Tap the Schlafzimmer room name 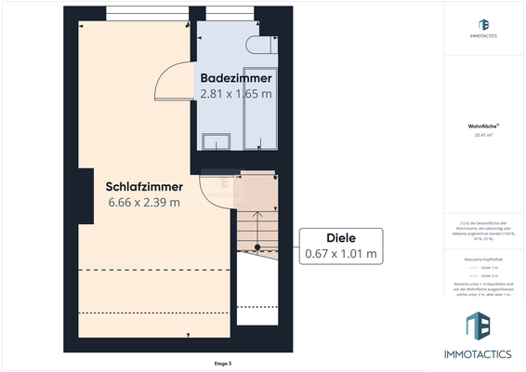click(x=143, y=185)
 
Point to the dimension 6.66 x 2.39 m click(x=143, y=202)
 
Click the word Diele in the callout click(x=340, y=236)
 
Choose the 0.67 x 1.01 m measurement click(x=340, y=253)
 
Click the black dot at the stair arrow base click(x=258, y=247)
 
